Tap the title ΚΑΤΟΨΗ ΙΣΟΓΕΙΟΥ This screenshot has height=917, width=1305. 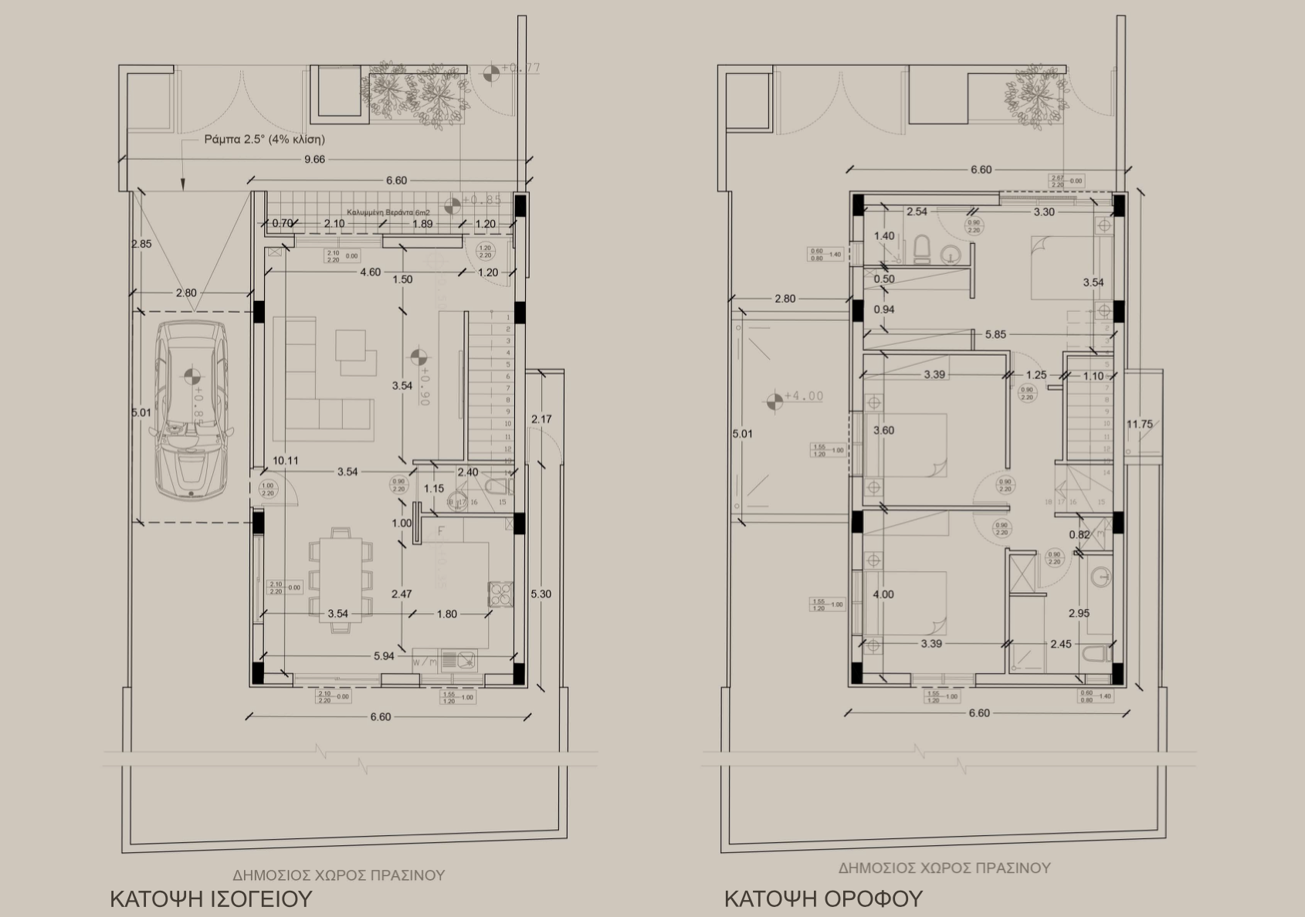(x=211, y=899)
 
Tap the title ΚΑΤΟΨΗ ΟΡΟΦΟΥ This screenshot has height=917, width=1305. (x=823, y=899)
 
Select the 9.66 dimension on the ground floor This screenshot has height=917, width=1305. (x=314, y=159)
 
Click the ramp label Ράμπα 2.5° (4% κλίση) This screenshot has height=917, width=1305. (x=264, y=139)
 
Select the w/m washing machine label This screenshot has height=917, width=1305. (x=424, y=662)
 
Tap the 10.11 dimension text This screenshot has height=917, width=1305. (x=285, y=461)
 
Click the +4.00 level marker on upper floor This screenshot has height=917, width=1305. (x=803, y=397)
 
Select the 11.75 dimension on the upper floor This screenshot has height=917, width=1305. (x=1140, y=425)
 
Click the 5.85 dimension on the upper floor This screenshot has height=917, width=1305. (x=995, y=334)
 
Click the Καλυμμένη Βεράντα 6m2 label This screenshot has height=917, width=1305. (x=388, y=212)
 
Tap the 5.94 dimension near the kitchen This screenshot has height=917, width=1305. (x=384, y=656)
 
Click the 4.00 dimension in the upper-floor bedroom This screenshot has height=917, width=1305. (x=883, y=594)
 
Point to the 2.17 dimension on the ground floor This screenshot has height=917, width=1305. (x=541, y=419)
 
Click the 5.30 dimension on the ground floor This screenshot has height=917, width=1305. (x=541, y=594)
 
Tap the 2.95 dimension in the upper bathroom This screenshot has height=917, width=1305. (x=1079, y=614)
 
